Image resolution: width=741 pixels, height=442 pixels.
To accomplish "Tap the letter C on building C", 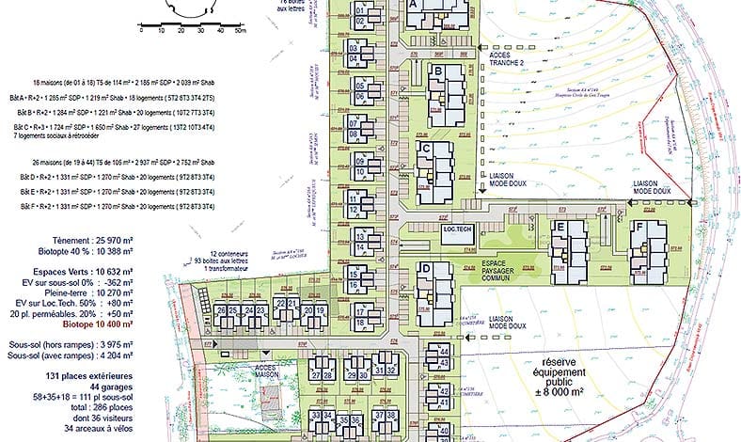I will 426,149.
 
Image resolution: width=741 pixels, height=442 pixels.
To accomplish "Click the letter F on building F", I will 639,227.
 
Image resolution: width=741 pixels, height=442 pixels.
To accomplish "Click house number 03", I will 354,48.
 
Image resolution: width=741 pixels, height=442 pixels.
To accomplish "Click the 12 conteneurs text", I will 229,254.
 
